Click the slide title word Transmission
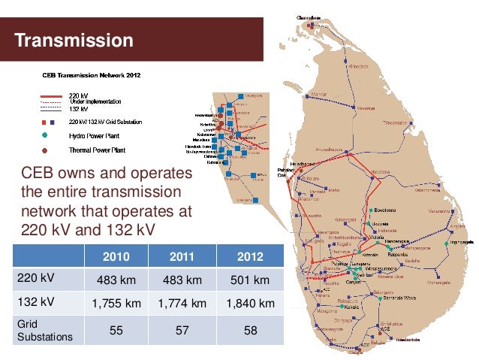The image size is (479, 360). (x=74, y=39)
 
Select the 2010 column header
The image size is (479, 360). (x=116, y=256)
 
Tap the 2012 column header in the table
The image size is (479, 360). (x=250, y=256)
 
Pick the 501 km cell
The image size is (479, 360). (x=250, y=280)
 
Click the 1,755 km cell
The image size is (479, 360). (x=116, y=304)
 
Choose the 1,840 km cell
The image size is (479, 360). (x=250, y=304)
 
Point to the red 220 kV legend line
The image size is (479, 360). (x=51, y=95)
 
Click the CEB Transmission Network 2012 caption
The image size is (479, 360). (x=89, y=75)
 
